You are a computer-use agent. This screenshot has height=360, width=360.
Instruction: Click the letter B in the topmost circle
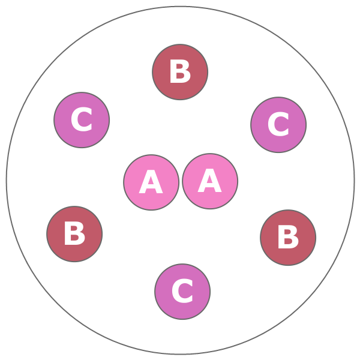180,73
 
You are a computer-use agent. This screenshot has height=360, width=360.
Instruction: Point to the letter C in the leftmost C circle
82,121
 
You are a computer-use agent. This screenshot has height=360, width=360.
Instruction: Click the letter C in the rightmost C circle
278,125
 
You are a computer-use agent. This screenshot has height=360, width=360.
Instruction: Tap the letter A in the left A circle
151,183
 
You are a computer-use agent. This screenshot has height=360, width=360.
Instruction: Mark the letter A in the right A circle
210,182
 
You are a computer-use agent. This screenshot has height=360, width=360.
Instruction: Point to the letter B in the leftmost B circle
74,235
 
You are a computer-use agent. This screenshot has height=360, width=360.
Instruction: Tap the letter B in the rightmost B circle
288,238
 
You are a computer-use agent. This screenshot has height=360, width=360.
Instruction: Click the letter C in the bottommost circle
182,292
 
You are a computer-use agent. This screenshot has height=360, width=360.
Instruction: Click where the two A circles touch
181,182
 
